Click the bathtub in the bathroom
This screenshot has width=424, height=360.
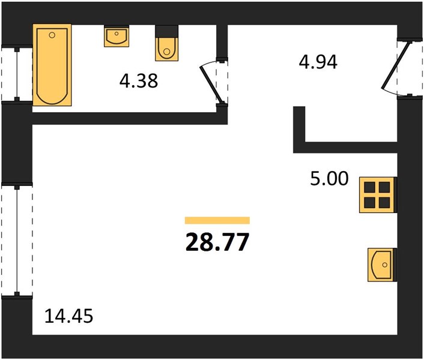(x=52, y=65)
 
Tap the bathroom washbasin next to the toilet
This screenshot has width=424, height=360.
(x=117, y=36)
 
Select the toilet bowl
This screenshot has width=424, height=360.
(x=166, y=49)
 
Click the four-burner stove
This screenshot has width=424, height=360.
(x=378, y=195)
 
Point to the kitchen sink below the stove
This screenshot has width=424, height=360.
(x=382, y=265)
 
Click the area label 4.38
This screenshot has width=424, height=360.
(x=139, y=81)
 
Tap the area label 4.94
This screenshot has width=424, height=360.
(x=318, y=62)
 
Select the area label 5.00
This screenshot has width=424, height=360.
(x=329, y=179)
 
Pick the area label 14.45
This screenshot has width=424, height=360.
(x=68, y=316)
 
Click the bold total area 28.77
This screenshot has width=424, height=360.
(x=217, y=242)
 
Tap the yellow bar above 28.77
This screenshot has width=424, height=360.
(x=217, y=220)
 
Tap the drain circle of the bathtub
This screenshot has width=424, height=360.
(x=52, y=35)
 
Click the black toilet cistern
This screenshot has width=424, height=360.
(x=166, y=31)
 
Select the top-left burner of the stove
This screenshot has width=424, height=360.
(x=369, y=187)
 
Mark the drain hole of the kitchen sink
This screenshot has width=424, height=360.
(x=385, y=265)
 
